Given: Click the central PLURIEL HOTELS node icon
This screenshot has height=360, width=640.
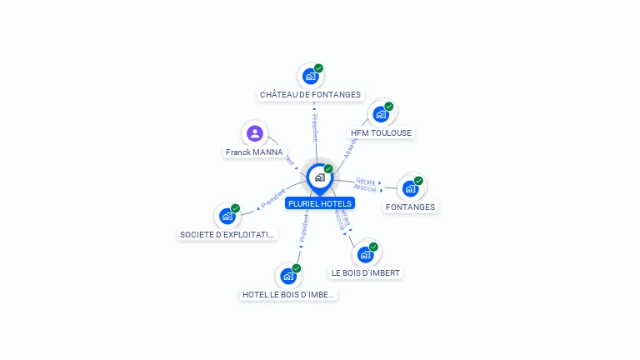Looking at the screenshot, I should tap(319, 177).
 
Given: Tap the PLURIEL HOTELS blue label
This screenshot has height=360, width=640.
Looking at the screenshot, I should tap(320, 203).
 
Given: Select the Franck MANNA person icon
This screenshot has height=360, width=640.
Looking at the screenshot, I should tap(255, 133).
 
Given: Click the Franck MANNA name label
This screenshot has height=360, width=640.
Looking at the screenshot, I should tap(254, 152).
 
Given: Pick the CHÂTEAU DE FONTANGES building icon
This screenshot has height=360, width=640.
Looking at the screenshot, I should tap(310, 77).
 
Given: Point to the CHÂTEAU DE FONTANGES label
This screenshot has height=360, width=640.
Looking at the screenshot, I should tap(310, 95).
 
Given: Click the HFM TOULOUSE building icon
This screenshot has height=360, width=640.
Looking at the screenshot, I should tap(381, 114).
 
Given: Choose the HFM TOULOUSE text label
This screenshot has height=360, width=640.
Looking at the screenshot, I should tap(381, 132).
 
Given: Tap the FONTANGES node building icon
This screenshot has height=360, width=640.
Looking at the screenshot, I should tap(410, 188).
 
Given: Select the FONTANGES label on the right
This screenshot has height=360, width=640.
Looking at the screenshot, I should tap(410, 207).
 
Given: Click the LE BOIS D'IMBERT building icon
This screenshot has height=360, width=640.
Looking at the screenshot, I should tap(365, 254).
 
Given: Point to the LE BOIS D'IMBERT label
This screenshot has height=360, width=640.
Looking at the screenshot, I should tap(366, 272).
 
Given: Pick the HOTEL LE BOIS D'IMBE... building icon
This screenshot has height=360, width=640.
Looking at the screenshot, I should tap(288, 276).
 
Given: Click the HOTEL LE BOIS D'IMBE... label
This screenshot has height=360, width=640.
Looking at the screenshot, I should tap(288, 294).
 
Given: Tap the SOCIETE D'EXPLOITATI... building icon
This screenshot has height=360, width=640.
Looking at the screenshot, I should tap(227, 216).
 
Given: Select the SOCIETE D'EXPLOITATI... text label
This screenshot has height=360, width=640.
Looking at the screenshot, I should tap(227, 235).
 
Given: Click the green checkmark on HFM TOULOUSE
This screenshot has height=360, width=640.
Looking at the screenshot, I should tap(389, 107).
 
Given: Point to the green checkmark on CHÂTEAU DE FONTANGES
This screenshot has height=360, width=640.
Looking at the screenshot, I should tap(318, 68).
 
